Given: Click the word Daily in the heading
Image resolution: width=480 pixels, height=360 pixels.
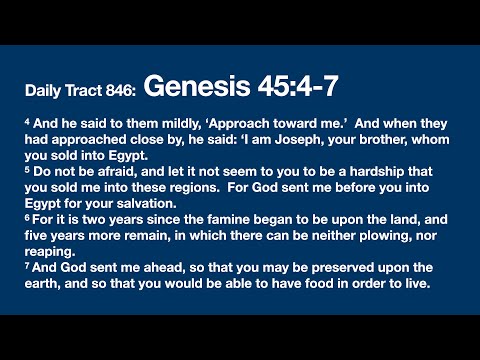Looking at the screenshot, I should coord(44,91).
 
